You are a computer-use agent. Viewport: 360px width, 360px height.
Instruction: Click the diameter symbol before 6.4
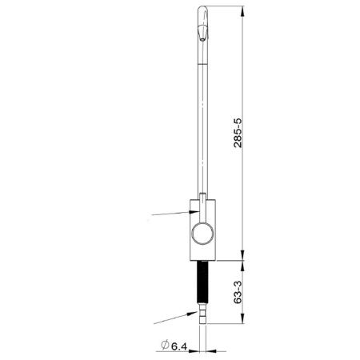point(162,346)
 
